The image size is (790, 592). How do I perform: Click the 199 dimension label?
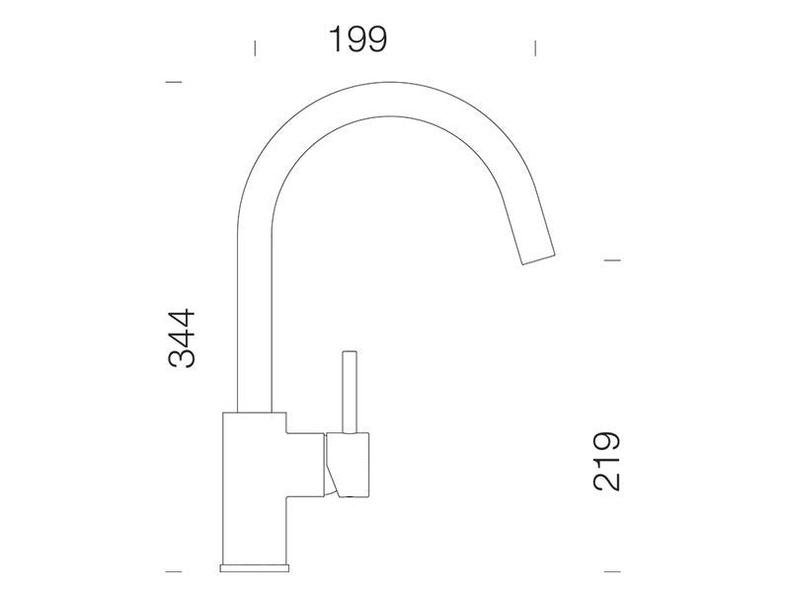[x=357, y=39]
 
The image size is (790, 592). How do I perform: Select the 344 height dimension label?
[x=182, y=338]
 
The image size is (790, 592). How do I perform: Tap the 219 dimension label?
[x=606, y=461]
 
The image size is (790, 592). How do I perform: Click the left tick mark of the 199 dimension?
[x=255, y=48]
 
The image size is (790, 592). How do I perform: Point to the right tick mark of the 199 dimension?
[x=535, y=48]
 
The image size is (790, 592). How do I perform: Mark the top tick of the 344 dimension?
[x=174, y=82]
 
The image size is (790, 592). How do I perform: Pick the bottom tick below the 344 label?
[x=174, y=571]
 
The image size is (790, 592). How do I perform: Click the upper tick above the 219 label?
[x=612, y=260]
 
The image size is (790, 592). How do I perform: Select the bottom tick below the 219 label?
[x=612, y=571]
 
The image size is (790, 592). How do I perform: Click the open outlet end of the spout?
[x=538, y=259]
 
